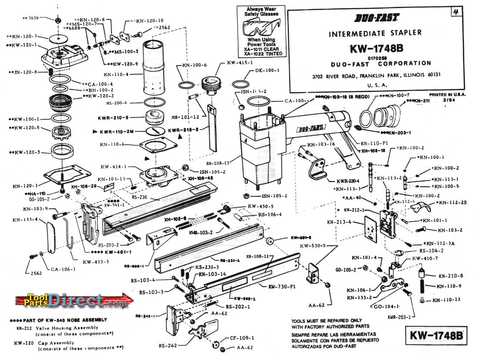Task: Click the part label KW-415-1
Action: pos(239,63)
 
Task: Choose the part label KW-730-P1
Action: pos(282,287)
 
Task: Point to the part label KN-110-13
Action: pos(448,300)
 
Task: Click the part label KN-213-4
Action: pos(339,222)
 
